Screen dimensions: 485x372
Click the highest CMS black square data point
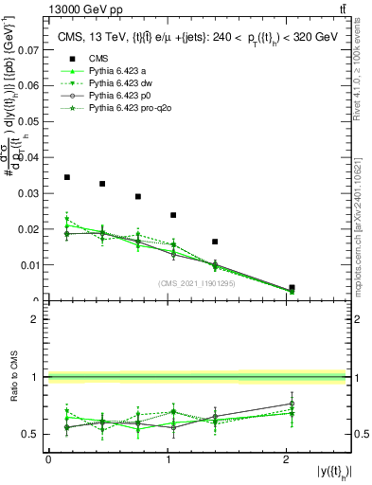[x=66, y=177]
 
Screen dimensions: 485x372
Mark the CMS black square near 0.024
[x=173, y=215]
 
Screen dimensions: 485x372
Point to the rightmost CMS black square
[x=292, y=287]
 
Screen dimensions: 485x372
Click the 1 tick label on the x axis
[x=167, y=459]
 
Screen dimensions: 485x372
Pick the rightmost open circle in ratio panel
[x=292, y=404]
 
